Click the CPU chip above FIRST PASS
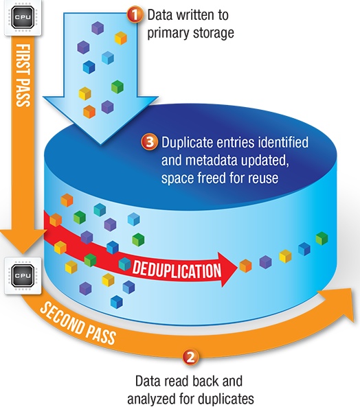click(23, 18)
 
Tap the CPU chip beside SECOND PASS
click(23, 276)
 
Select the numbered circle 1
click(135, 15)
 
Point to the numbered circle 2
click(191, 358)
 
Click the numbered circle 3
click(149, 143)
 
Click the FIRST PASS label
click(23, 75)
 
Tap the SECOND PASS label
click(78, 323)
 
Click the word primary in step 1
click(166, 34)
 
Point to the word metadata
click(212, 160)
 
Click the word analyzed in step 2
click(152, 398)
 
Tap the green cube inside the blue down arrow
click(117, 86)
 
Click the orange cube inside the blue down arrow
click(89, 112)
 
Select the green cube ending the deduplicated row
click(322, 238)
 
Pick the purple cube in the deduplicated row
click(265, 261)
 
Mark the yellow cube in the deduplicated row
click(285, 256)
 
